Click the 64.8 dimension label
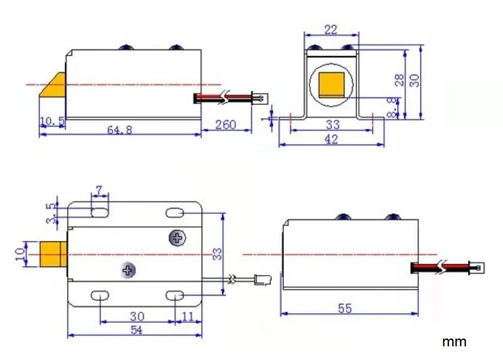(x=119, y=129)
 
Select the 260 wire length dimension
(x=226, y=124)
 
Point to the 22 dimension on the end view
(x=330, y=30)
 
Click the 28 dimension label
(x=400, y=80)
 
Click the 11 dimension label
(x=188, y=316)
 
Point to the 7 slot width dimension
(x=99, y=189)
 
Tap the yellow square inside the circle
(x=332, y=85)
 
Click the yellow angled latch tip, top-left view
(x=54, y=85)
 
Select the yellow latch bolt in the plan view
(x=54, y=254)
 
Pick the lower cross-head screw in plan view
(x=129, y=270)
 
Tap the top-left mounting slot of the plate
(x=100, y=212)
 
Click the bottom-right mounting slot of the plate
(x=175, y=296)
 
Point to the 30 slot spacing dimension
(x=137, y=316)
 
